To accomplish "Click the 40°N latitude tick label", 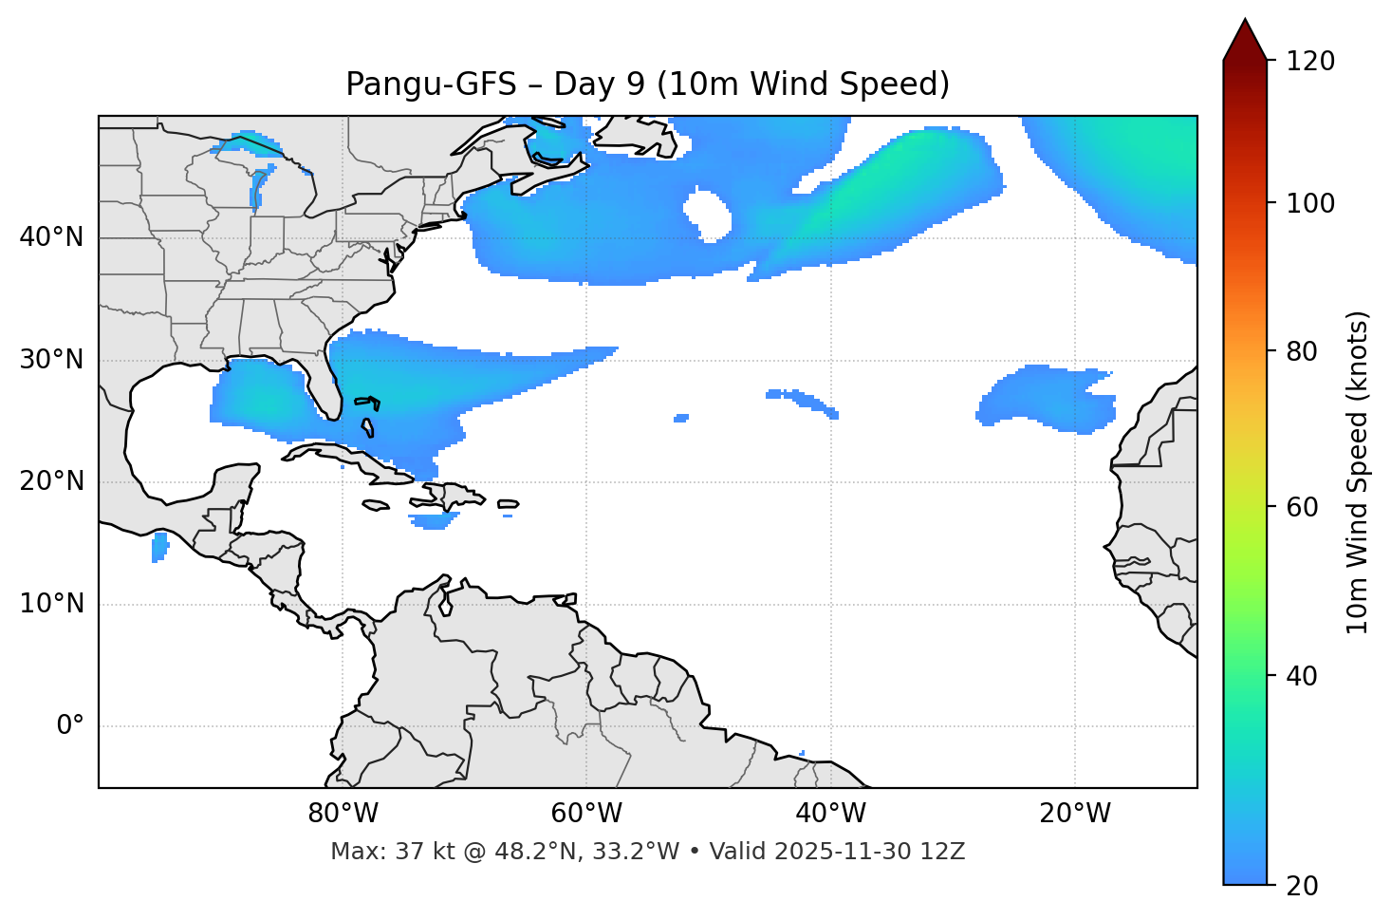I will point(51,237).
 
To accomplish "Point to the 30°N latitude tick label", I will point(51,360).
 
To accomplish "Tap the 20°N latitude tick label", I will point(51,481).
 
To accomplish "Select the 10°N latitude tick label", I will point(51,604).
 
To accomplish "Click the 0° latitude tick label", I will point(70,726).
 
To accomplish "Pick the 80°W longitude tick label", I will point(343,814).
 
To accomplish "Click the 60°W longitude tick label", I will point(586,814).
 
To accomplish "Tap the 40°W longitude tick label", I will point(830,814).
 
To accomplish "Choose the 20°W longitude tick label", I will point(1074,814).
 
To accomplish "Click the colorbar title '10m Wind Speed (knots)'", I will point(1358,472).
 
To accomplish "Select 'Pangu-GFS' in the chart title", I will point(431,84).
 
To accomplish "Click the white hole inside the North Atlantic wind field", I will point(708,215).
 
